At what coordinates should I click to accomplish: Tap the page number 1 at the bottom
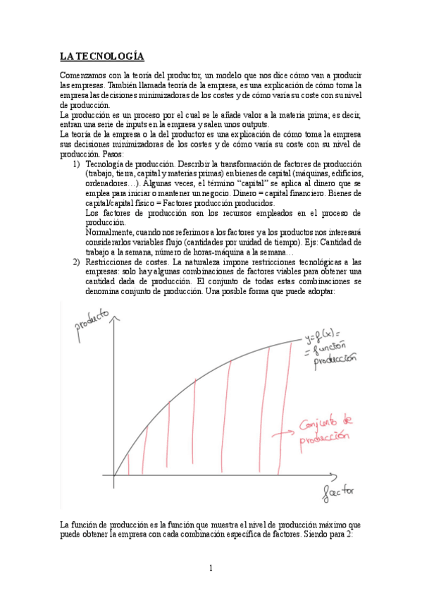point(211,568)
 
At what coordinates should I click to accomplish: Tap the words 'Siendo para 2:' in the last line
point(334,534)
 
